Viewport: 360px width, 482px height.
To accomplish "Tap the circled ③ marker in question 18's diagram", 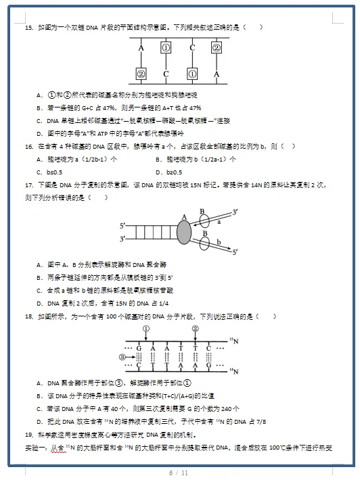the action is click(122, 357).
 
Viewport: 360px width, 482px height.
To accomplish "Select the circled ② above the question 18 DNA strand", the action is click(195, 329).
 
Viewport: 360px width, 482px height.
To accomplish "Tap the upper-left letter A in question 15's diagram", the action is click(141, 48).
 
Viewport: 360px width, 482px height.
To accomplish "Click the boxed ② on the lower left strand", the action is click(141, 74).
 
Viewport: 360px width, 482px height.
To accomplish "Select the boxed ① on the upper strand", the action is click(166, 48).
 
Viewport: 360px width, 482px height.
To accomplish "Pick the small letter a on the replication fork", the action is click(219, 220).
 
